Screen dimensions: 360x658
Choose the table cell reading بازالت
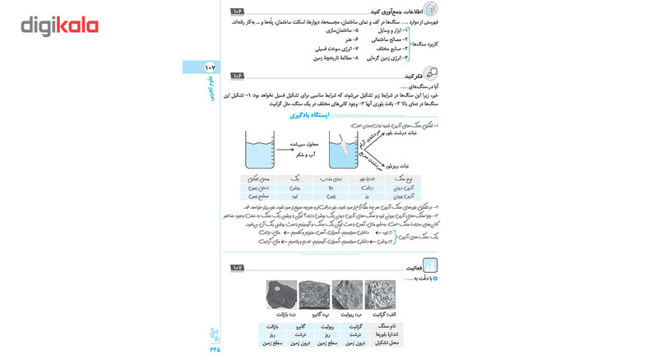275,326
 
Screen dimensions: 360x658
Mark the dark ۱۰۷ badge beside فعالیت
238,268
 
